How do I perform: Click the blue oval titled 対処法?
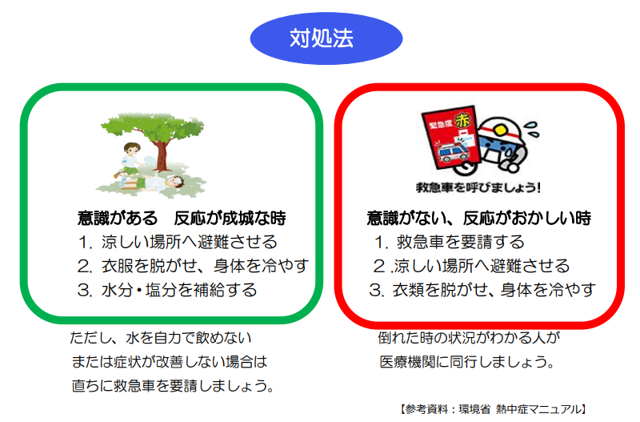tap(326, 38)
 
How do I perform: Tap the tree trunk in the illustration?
tap(162, 155)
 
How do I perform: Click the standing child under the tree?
tap(130, 160)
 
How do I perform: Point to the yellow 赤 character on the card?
tap(462, 120)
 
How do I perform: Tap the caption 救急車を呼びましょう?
tap(478, 187)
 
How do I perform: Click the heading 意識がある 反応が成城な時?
tap(182, 218)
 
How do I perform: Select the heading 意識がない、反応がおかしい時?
tap(478, 218)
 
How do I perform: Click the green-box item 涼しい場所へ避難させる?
tap(190, 242)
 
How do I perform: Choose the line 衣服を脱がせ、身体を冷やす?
tap(205, 266)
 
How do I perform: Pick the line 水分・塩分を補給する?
tap(179, 290)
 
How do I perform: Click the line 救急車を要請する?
tap(461, 242)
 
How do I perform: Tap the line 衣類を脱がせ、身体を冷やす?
tap(494, 290)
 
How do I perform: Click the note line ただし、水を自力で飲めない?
tap(161, 338)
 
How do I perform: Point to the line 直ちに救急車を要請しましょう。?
tap(173, 386)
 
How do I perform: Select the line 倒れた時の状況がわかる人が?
tap(470, 338)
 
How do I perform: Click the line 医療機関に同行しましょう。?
tap(467, 361)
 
